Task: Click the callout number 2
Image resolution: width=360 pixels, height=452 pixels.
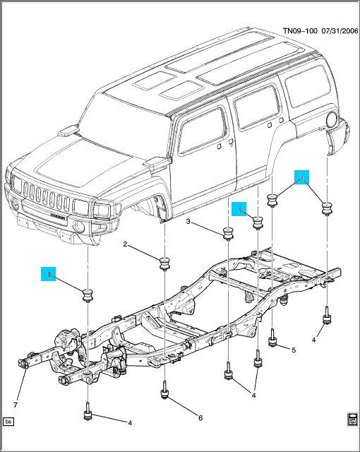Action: coord(125,245)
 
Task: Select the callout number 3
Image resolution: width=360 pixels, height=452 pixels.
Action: coord(188,222)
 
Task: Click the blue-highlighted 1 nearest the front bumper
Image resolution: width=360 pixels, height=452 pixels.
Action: coord(49,274)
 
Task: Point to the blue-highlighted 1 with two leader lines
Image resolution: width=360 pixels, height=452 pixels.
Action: coord(301,177)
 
